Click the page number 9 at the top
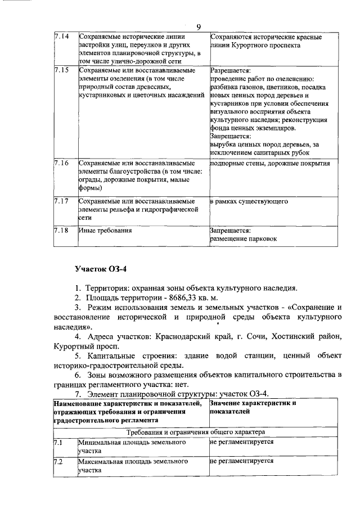(x=199, y=27)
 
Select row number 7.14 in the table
(x=61, y=37)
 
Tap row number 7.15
(x=61, y=70)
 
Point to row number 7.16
(x=61, y=163)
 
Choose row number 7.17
(x=61, y=200)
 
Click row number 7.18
(x=61, y=230)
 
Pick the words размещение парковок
(x=243, y=238)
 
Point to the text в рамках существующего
(x=249, y=200)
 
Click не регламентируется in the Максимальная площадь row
(x=241, y=461)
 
